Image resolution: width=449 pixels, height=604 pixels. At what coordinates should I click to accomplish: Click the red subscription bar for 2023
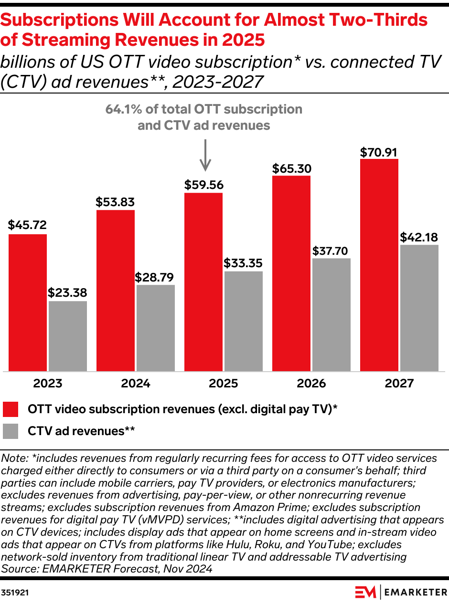click(x=28, y=302)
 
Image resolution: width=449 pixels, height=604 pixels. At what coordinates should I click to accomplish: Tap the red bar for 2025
click(x=203, y=282)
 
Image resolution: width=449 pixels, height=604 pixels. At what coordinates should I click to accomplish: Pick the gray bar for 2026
click(x=331, y=314)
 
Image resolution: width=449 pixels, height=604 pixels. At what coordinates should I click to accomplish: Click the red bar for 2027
click(x=379, y=265)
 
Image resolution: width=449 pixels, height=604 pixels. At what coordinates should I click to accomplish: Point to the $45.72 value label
click(x=27, y=225)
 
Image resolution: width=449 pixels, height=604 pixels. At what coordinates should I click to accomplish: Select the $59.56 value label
click(x=204, y=185)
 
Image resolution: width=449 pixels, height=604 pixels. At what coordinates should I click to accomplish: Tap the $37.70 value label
click(x=331, y=250)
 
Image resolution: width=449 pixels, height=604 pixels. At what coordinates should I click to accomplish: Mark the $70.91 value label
click(x=379, y=153)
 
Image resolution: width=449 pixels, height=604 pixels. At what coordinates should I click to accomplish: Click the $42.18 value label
click(x=419, y=237)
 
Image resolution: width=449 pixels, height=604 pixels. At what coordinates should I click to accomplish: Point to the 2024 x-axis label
click(x=136, y=383)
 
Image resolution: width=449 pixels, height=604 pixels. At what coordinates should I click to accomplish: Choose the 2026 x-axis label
click(x=311, y=383)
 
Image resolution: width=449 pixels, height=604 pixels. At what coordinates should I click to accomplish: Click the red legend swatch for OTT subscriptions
click(x=11, y=409)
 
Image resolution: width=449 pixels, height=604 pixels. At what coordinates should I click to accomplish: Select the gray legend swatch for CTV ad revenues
click(x=11, y=431)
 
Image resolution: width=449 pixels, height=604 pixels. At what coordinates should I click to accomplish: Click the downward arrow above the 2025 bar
click(x=205, y=155)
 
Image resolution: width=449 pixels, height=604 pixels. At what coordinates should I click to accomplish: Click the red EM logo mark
click(x=365, y=592)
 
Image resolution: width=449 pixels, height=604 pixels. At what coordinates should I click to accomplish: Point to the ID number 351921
click(x=14, y=592)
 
